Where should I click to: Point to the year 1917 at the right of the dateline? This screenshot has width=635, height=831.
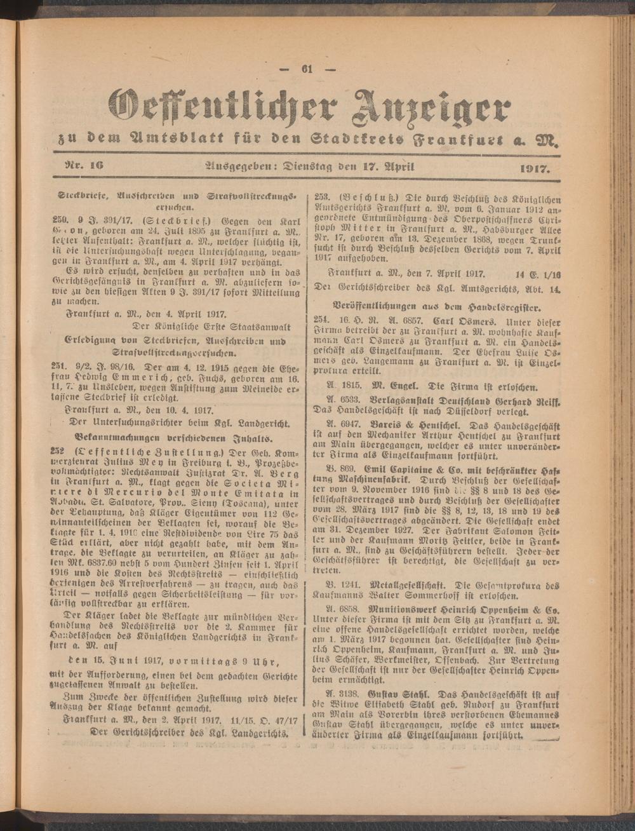(x=533, y=169)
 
